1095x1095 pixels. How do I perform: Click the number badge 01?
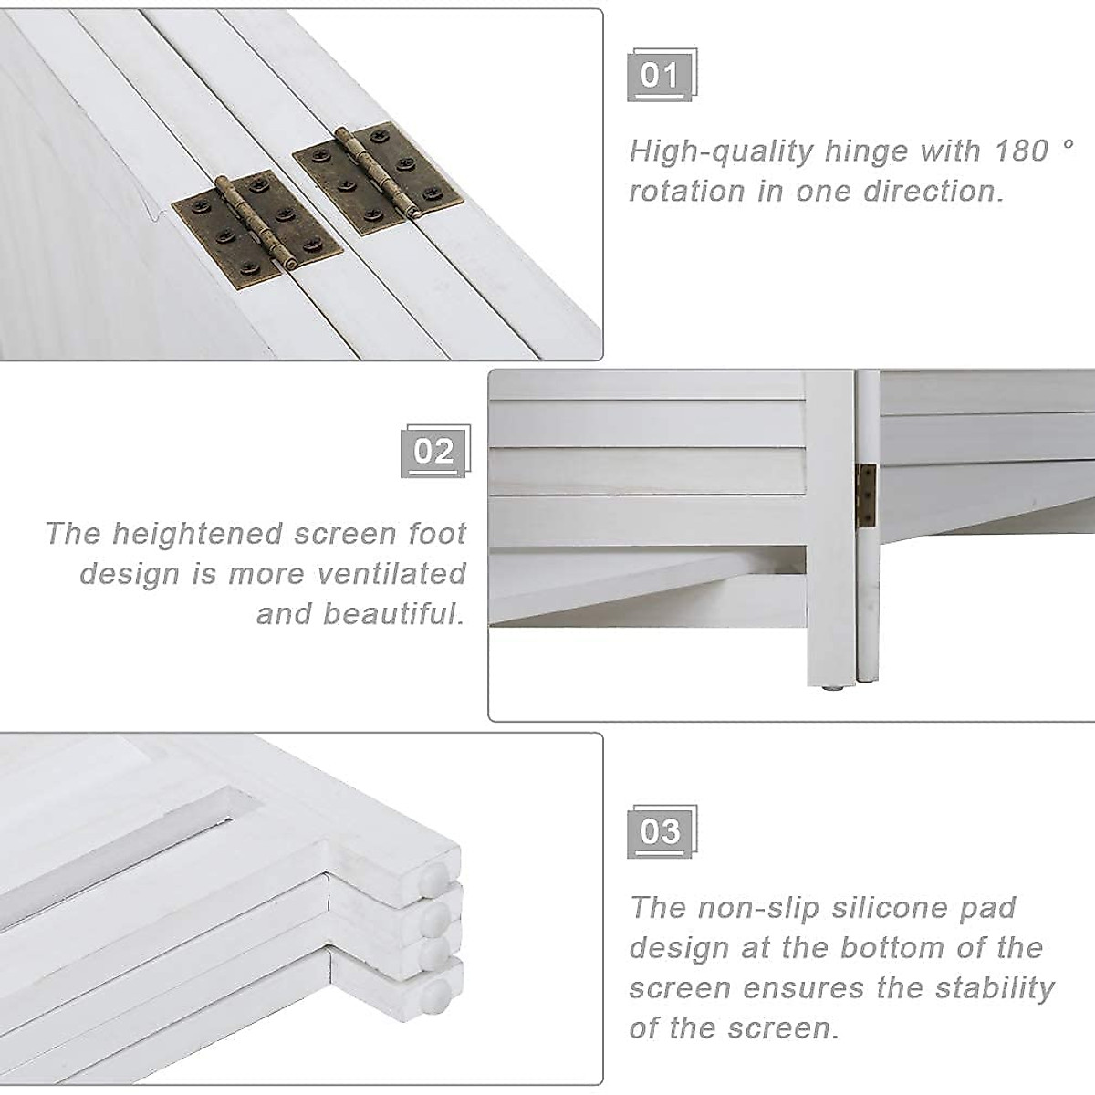pyautogui.click(x=660, y=75)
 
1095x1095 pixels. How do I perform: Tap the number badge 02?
pyautogui.click(x=433, y=452)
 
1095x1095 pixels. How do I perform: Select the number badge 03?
pyautogui.click(x=660, y=831)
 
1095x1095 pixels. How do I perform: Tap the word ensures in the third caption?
pyautogui.click(x=800, y=988)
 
